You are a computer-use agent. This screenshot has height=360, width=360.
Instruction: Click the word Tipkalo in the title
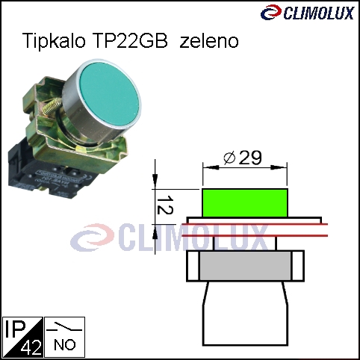[x=54, y=40]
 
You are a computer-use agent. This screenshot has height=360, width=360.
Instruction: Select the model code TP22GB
[x=129, y=40]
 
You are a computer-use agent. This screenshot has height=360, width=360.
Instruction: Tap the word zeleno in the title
[x=209, y=40]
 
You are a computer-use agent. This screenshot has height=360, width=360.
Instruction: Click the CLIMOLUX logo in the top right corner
[x=308, y=13]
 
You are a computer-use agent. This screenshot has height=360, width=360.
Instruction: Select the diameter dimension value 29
[x=250, y=158]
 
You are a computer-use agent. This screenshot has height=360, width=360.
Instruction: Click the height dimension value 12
[x=165, y=205]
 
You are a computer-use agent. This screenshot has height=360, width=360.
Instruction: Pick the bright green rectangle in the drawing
[x=245, y=203]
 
